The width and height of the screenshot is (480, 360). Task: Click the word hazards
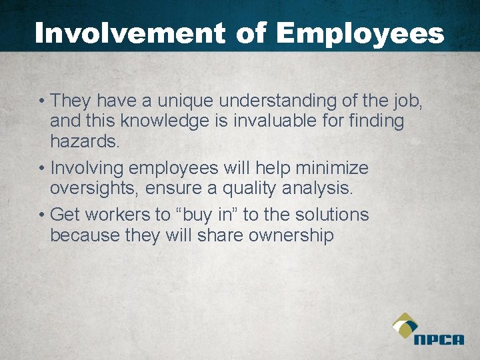[x=84, y=141]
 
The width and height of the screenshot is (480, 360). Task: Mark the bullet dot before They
[x=41, y=102]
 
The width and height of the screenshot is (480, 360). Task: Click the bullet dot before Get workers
[x=41, y=215]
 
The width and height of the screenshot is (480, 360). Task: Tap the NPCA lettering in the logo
[x=438, y=339]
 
